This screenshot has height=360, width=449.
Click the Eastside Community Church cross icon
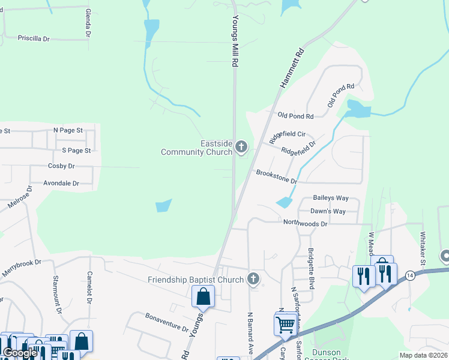pyautogui.click(x=241, y=147)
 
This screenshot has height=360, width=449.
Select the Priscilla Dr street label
pyautogui.click(x=34, y=38)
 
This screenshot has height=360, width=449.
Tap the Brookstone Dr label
pyautogui.click(x=277, y=177)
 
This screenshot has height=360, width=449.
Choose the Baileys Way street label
pyautogui.click(x=331, y=198)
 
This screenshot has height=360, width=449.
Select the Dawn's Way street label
pyautogui.click(x=328, y=211)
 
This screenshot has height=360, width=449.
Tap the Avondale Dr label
pyautogui.click(x=61, y=183)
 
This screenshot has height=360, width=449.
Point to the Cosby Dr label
pyautogui.click(x=61, y=166)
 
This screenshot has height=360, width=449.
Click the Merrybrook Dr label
pyautogui.click(x=20, y=264)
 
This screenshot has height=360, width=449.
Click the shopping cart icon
pyautogui.click(x=285, y=325)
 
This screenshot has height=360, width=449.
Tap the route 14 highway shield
pyautogui.click(x=410, y=275)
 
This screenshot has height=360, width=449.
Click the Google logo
pyautogui.click(x=20, y=353)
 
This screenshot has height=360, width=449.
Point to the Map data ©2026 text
pyautogui.click(x=423, y=355)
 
